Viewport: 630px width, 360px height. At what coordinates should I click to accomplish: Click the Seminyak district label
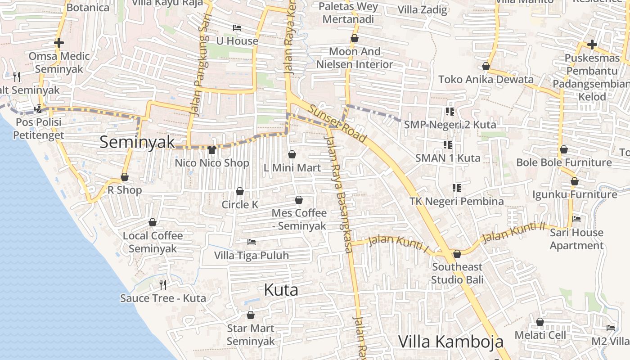(137, 142)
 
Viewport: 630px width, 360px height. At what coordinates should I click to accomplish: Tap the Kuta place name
(281, 290)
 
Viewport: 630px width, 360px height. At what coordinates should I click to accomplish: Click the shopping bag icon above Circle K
(240, 192)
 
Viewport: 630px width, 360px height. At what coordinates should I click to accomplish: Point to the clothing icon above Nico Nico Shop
(212, 149)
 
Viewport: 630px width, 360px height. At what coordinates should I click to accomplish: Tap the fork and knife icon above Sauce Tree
(163, 285)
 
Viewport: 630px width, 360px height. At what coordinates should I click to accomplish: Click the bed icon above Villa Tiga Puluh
(252, 243)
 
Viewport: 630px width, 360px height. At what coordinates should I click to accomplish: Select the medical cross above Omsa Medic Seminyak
(59, 43)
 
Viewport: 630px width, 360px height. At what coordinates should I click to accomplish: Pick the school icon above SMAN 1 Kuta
(448, 145)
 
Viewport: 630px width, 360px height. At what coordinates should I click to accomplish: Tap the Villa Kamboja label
(451, 342)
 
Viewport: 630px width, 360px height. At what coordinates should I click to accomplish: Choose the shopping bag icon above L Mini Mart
(292, 155)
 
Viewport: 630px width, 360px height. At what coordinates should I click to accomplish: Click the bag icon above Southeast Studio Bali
(457, 254)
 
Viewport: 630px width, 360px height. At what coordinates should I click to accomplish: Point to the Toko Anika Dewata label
(486, 80)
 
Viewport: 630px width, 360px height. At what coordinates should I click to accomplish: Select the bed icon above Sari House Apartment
(576, 219)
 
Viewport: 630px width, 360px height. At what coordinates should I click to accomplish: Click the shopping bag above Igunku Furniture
(575, 181)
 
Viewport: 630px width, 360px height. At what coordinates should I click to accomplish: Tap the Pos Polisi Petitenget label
(39, 129)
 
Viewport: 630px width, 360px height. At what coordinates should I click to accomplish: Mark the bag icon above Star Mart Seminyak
(251, 315)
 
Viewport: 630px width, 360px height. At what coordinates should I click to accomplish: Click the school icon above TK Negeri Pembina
(457, 188)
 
